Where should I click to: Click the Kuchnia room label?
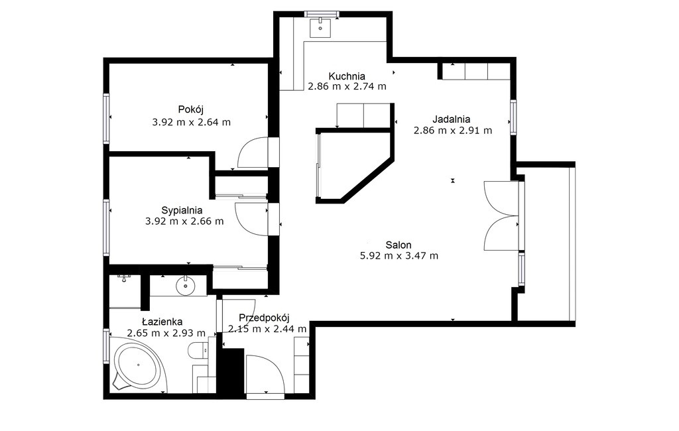tap(346, 76)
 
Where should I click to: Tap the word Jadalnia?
tap(451, 119)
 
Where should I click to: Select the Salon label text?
tap(399, 245)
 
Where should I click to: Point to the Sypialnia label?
tap(182, 210)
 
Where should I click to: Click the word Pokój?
tap(191, 109)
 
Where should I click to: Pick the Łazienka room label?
tap(162, 322)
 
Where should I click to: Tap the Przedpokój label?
tap(264, 318)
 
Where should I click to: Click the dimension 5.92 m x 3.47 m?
tap(399, 256)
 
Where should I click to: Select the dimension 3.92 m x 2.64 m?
tap(191, 122)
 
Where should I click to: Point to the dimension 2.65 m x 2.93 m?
tap(166, 333)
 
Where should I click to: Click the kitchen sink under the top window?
tap(320, 27)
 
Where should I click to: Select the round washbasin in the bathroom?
tap(186, 286)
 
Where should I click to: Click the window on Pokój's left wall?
tap(105, 118)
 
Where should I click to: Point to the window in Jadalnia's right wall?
tap(513, 117)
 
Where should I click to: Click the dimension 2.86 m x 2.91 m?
tap(452, 131)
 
